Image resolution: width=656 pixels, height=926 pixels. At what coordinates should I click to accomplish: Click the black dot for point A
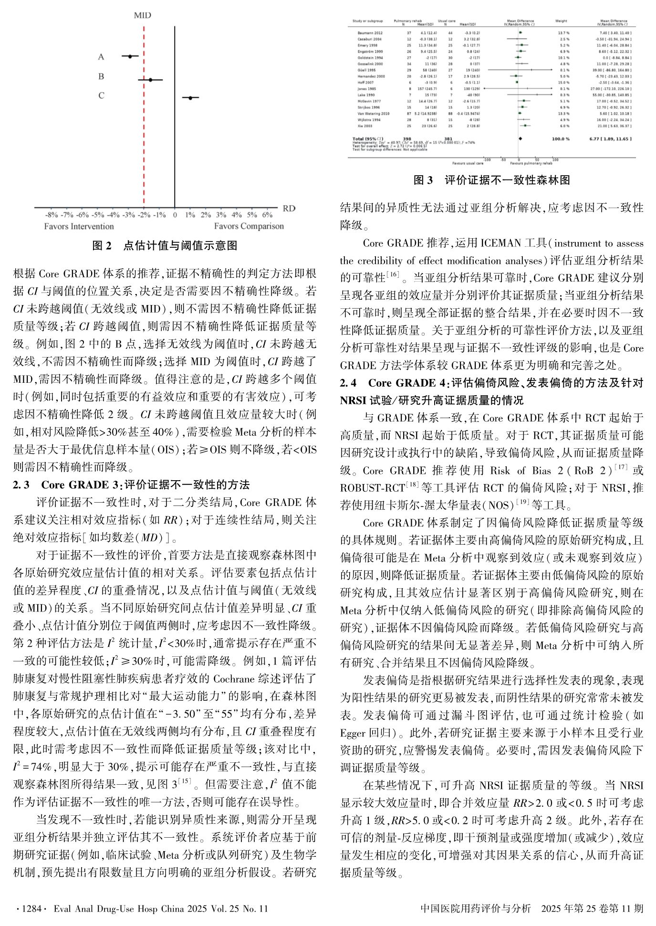[x=130, y=56]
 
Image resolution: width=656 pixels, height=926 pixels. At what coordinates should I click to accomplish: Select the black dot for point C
[x=190, y=98]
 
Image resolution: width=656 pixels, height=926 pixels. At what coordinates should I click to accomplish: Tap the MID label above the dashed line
[x=142, y=15]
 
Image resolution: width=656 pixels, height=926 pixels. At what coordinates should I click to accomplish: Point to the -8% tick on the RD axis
[x=52, y=215]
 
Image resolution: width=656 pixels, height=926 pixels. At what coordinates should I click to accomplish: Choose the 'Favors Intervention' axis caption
[x=79, y=226]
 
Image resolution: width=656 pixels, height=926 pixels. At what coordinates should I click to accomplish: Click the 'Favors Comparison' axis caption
[x=249, y=226]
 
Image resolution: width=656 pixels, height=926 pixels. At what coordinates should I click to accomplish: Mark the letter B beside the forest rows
[x=101, y=76]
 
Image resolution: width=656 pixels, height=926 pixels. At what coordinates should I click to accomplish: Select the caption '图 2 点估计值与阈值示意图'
[x=164, y=246]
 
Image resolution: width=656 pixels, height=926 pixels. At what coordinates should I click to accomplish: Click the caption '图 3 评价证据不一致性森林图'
[x=491, y=180]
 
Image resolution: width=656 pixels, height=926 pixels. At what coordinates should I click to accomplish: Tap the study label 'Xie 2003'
[x=365, y=126]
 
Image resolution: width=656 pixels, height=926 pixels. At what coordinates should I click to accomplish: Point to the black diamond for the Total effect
[x=521, y=139]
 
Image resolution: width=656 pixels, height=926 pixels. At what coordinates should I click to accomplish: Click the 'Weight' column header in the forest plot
[x=561, y=21]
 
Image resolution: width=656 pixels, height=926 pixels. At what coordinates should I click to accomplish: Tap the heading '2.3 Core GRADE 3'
[x=131, y=485]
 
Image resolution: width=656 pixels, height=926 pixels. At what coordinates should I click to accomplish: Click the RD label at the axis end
[x=289, y=208]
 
